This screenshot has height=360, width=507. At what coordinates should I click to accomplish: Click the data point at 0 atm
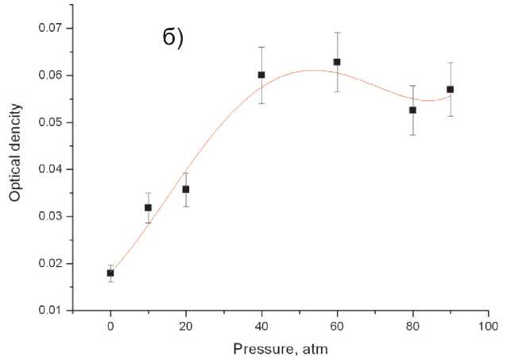110,273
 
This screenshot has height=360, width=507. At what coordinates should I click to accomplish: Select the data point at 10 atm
148,207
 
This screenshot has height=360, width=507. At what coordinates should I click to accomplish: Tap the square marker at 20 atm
186,189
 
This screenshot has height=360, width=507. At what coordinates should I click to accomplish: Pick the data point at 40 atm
261,75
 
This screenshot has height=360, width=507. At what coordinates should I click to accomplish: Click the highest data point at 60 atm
337,61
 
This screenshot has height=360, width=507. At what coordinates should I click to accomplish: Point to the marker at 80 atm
412,110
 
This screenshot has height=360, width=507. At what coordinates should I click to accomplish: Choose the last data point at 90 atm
451,89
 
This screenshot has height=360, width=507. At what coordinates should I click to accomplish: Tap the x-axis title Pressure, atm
281,348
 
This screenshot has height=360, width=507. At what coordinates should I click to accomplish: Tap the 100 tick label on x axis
488,325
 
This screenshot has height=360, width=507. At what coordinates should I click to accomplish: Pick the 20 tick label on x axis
186,325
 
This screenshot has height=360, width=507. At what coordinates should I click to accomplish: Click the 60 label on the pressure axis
337,325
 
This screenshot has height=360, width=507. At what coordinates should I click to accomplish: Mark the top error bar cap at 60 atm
337,33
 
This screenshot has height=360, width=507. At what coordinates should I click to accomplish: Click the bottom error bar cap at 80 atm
412,134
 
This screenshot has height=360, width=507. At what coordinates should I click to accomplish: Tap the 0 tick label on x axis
110,325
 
